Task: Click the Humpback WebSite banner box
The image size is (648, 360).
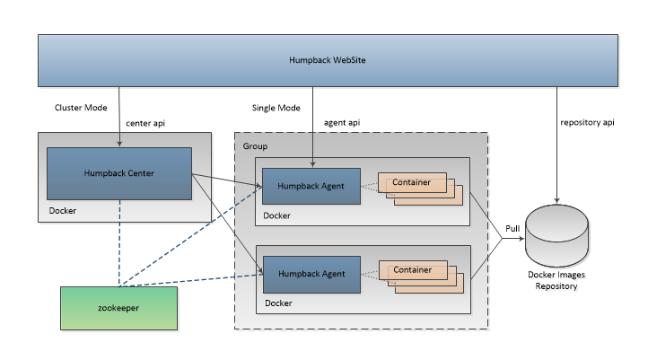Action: coord(327,61)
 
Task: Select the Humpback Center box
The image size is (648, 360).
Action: coord(119,173)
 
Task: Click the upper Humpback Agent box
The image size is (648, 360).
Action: coord(311,187)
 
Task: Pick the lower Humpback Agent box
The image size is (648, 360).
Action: coord(311,273)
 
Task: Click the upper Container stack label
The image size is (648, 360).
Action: coord(411,183)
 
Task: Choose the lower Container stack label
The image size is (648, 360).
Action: coord(411,269)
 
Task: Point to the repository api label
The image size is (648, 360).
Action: coord(588,121)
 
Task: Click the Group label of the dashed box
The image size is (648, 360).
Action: coord(256,145)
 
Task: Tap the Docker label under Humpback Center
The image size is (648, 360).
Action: coord(65,213)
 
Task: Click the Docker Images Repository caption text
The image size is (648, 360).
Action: coord(557,280)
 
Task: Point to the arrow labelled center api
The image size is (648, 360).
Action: coord(119,117)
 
